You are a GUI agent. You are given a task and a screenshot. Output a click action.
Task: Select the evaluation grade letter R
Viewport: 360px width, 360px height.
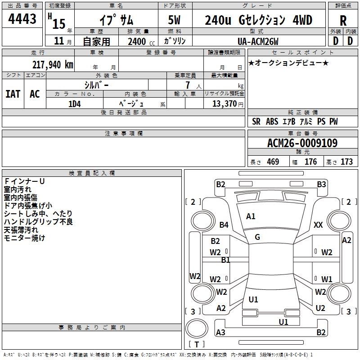point(343,20)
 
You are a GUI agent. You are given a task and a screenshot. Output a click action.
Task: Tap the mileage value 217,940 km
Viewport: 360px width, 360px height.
point(53,65)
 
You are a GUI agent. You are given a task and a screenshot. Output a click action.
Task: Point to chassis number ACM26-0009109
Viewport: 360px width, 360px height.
point(302,143)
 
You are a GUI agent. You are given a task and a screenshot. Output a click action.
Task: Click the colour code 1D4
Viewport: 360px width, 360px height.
point(74,104)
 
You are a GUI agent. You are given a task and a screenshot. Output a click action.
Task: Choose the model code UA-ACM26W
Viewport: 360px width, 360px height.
point(258,41)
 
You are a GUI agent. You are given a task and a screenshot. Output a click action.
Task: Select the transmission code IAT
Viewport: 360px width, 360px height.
point(13,94)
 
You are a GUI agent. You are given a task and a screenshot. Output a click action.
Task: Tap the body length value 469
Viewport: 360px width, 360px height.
point(273,162)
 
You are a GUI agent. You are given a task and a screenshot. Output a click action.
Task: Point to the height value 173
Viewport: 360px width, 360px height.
point(346,162)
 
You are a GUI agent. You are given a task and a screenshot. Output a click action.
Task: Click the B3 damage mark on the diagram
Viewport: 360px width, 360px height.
point(321,184)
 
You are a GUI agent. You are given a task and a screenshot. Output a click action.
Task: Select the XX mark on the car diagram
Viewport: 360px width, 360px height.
point(318,225)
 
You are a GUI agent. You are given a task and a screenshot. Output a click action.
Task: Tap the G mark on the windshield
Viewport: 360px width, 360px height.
point(257,237)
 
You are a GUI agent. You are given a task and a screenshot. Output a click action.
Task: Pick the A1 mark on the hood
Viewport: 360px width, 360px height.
point(251,216)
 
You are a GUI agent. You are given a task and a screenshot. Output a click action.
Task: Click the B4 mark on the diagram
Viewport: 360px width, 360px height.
point(224,225)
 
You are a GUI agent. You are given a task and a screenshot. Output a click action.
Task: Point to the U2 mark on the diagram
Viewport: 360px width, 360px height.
point(320,308)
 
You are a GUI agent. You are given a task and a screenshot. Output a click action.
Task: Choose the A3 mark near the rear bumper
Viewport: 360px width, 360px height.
point(220,332)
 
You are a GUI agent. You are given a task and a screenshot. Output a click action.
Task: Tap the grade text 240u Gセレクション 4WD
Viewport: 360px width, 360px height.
point(258,20)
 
